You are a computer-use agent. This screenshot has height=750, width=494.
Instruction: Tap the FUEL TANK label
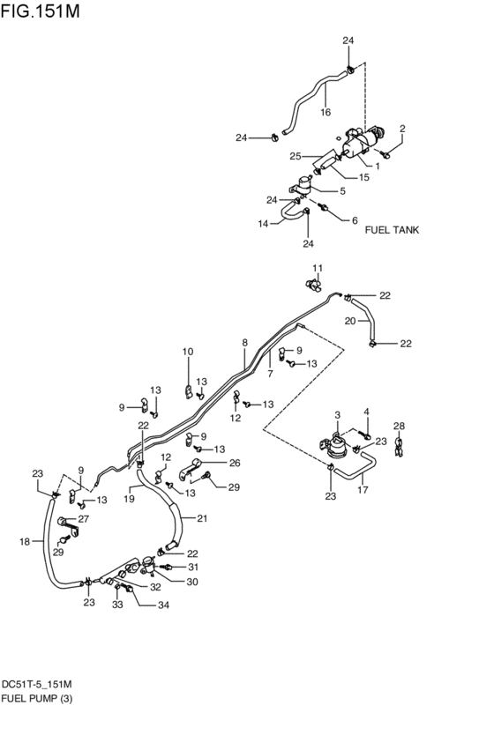[392, 229]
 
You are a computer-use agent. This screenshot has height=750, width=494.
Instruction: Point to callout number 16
[326, 112]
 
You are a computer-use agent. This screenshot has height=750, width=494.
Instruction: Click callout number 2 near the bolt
[402, 129]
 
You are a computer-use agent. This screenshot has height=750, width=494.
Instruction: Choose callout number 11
[318, 267]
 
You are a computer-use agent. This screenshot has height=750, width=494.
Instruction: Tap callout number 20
[349, 321]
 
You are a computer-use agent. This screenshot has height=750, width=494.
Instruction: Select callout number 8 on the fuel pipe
[245, 341]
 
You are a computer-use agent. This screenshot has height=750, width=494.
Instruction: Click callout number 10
[187, 352]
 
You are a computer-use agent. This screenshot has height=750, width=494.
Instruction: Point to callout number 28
[399, 426]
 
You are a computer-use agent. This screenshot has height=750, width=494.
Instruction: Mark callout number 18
[25, 541]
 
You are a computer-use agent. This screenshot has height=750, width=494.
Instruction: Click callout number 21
[201, 518]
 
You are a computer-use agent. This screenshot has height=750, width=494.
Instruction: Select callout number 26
[234, 463]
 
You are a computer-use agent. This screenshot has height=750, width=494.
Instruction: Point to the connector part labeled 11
[312, 283]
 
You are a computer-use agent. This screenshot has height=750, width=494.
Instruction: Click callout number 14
[263, 224]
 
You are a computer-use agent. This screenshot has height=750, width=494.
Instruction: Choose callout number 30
[191, 582]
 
